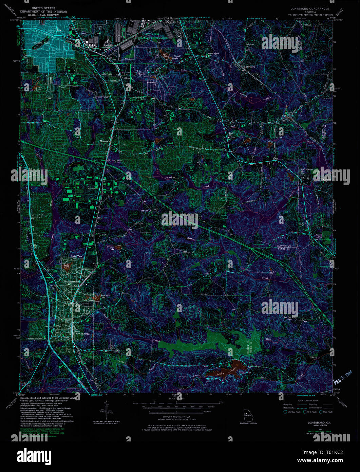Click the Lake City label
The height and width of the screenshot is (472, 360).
pyautogui.click(x=106, y=74)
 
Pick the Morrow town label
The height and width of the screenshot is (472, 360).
pyautogui.click(x=104, y=141)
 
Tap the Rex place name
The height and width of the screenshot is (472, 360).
pyautogui.click(x=284, y=121)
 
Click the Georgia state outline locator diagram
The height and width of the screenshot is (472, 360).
pyautogui.click(x=247, y=415)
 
